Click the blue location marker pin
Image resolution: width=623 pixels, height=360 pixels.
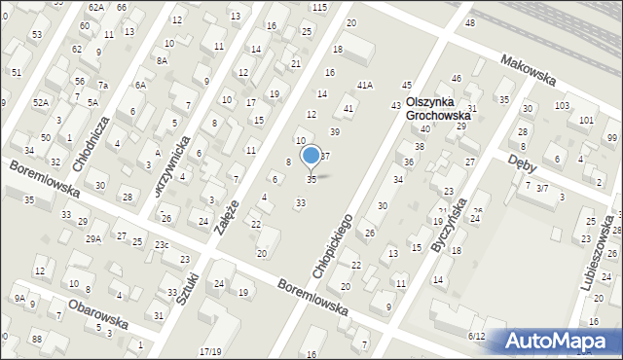tap(311, 156)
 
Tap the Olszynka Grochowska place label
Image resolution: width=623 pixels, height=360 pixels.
tap(430, 108)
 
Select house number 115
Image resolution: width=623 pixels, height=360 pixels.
tap(319, 7)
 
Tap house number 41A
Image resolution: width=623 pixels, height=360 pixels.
tap(364, 86)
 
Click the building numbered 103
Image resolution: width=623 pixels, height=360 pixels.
tap(562, 105)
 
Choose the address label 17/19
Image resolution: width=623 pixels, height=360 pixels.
tap(209, 351)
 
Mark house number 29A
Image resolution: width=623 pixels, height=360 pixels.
tap(93, 238)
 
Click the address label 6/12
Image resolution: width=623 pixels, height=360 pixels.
tap(476, 336)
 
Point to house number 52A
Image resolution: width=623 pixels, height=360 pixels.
tap(40, 102)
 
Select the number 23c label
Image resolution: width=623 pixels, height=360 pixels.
tap(161, 244)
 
